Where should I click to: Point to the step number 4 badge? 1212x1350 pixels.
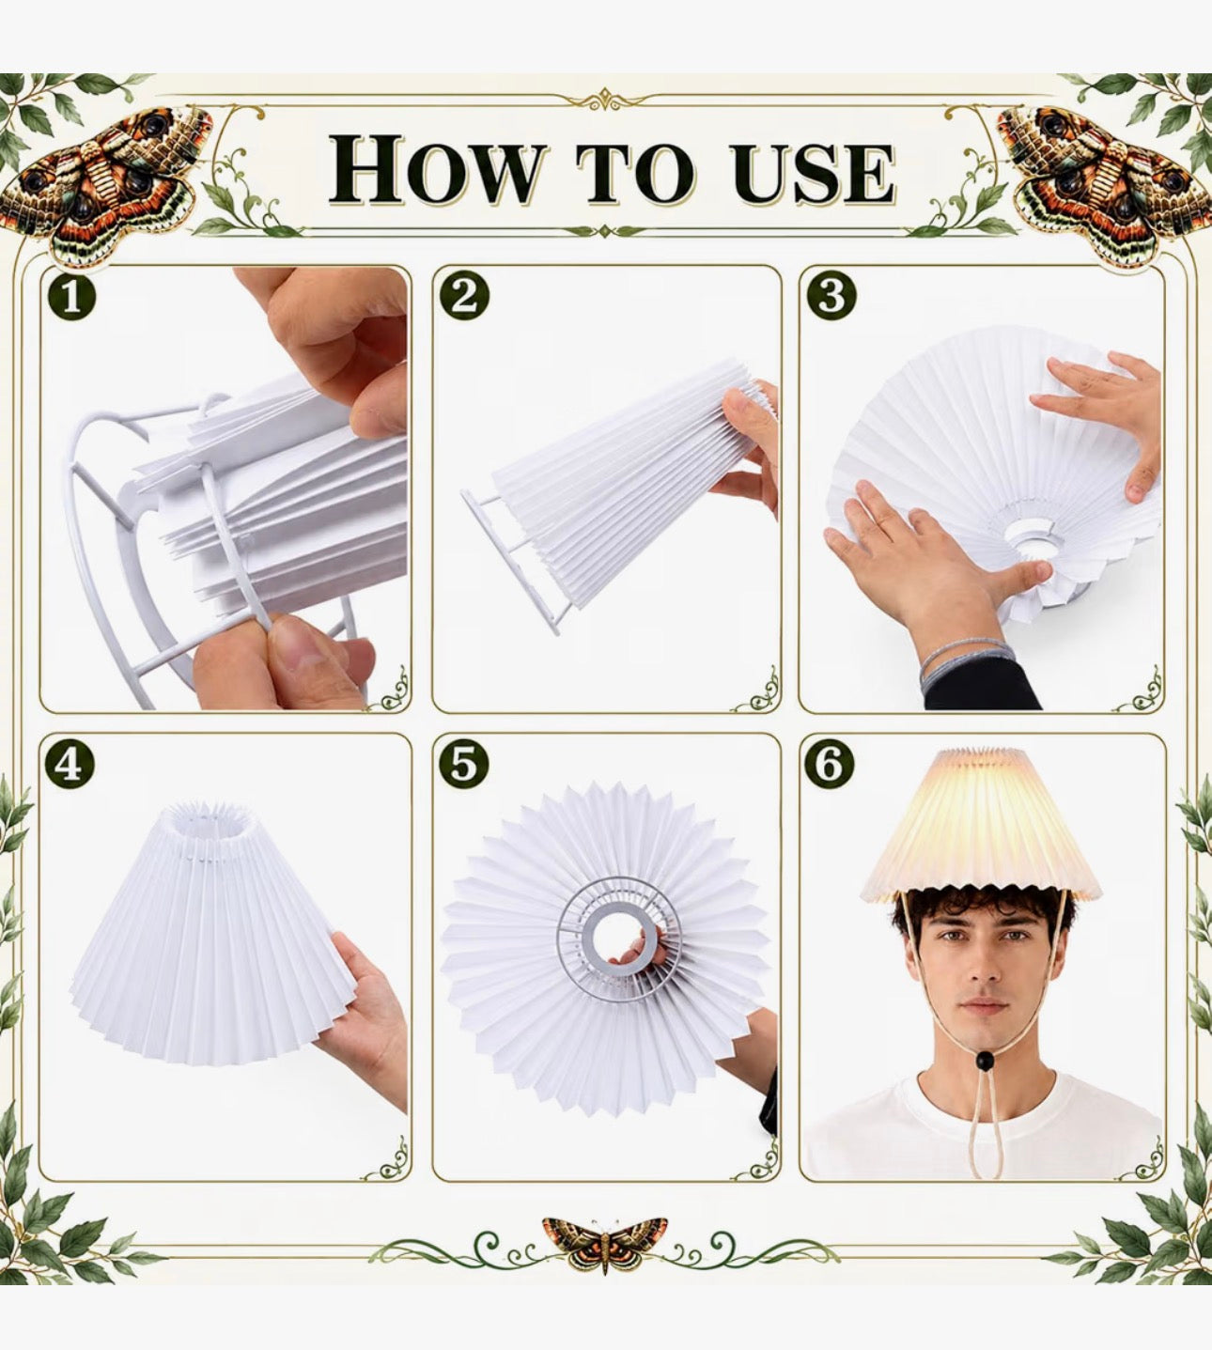click(x=70, y=764)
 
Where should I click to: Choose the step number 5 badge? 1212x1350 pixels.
click(x=464, y=764)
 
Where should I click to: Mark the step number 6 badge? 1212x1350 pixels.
click(x=830, y=764)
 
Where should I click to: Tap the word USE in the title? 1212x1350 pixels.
click(x=812, y=172)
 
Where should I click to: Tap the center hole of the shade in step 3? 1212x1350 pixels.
click(x=1030, y=535)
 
